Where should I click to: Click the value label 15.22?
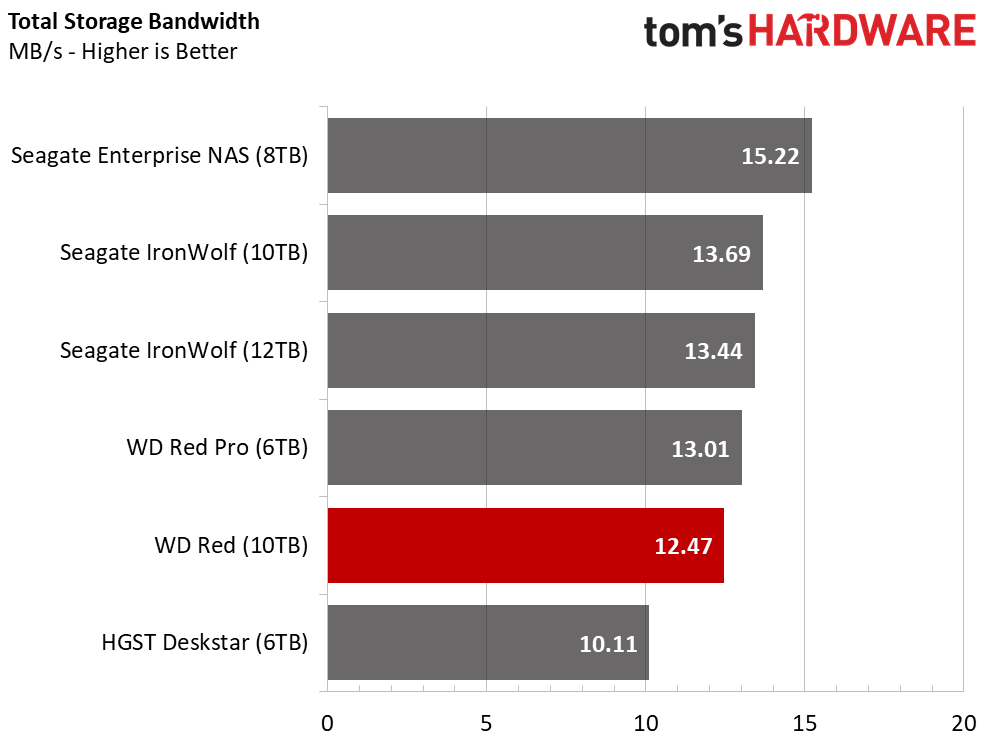(771, 156)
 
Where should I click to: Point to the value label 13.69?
(721, 254)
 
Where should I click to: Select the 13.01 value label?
(700, 449)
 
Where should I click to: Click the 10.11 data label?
(608, 644)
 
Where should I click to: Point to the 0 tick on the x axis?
(327, 724)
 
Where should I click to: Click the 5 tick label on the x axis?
(486, 724)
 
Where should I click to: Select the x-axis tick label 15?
(804, 724)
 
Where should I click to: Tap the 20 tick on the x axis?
(963, 724)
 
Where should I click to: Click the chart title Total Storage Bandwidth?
(133, 20)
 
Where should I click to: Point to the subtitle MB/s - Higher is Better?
(122, 51)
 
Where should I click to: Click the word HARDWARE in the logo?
(863, 32)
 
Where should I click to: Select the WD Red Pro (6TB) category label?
(217, 448)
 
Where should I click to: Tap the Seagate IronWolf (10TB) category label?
(184, 253)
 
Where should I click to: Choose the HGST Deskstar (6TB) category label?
(204, 643)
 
